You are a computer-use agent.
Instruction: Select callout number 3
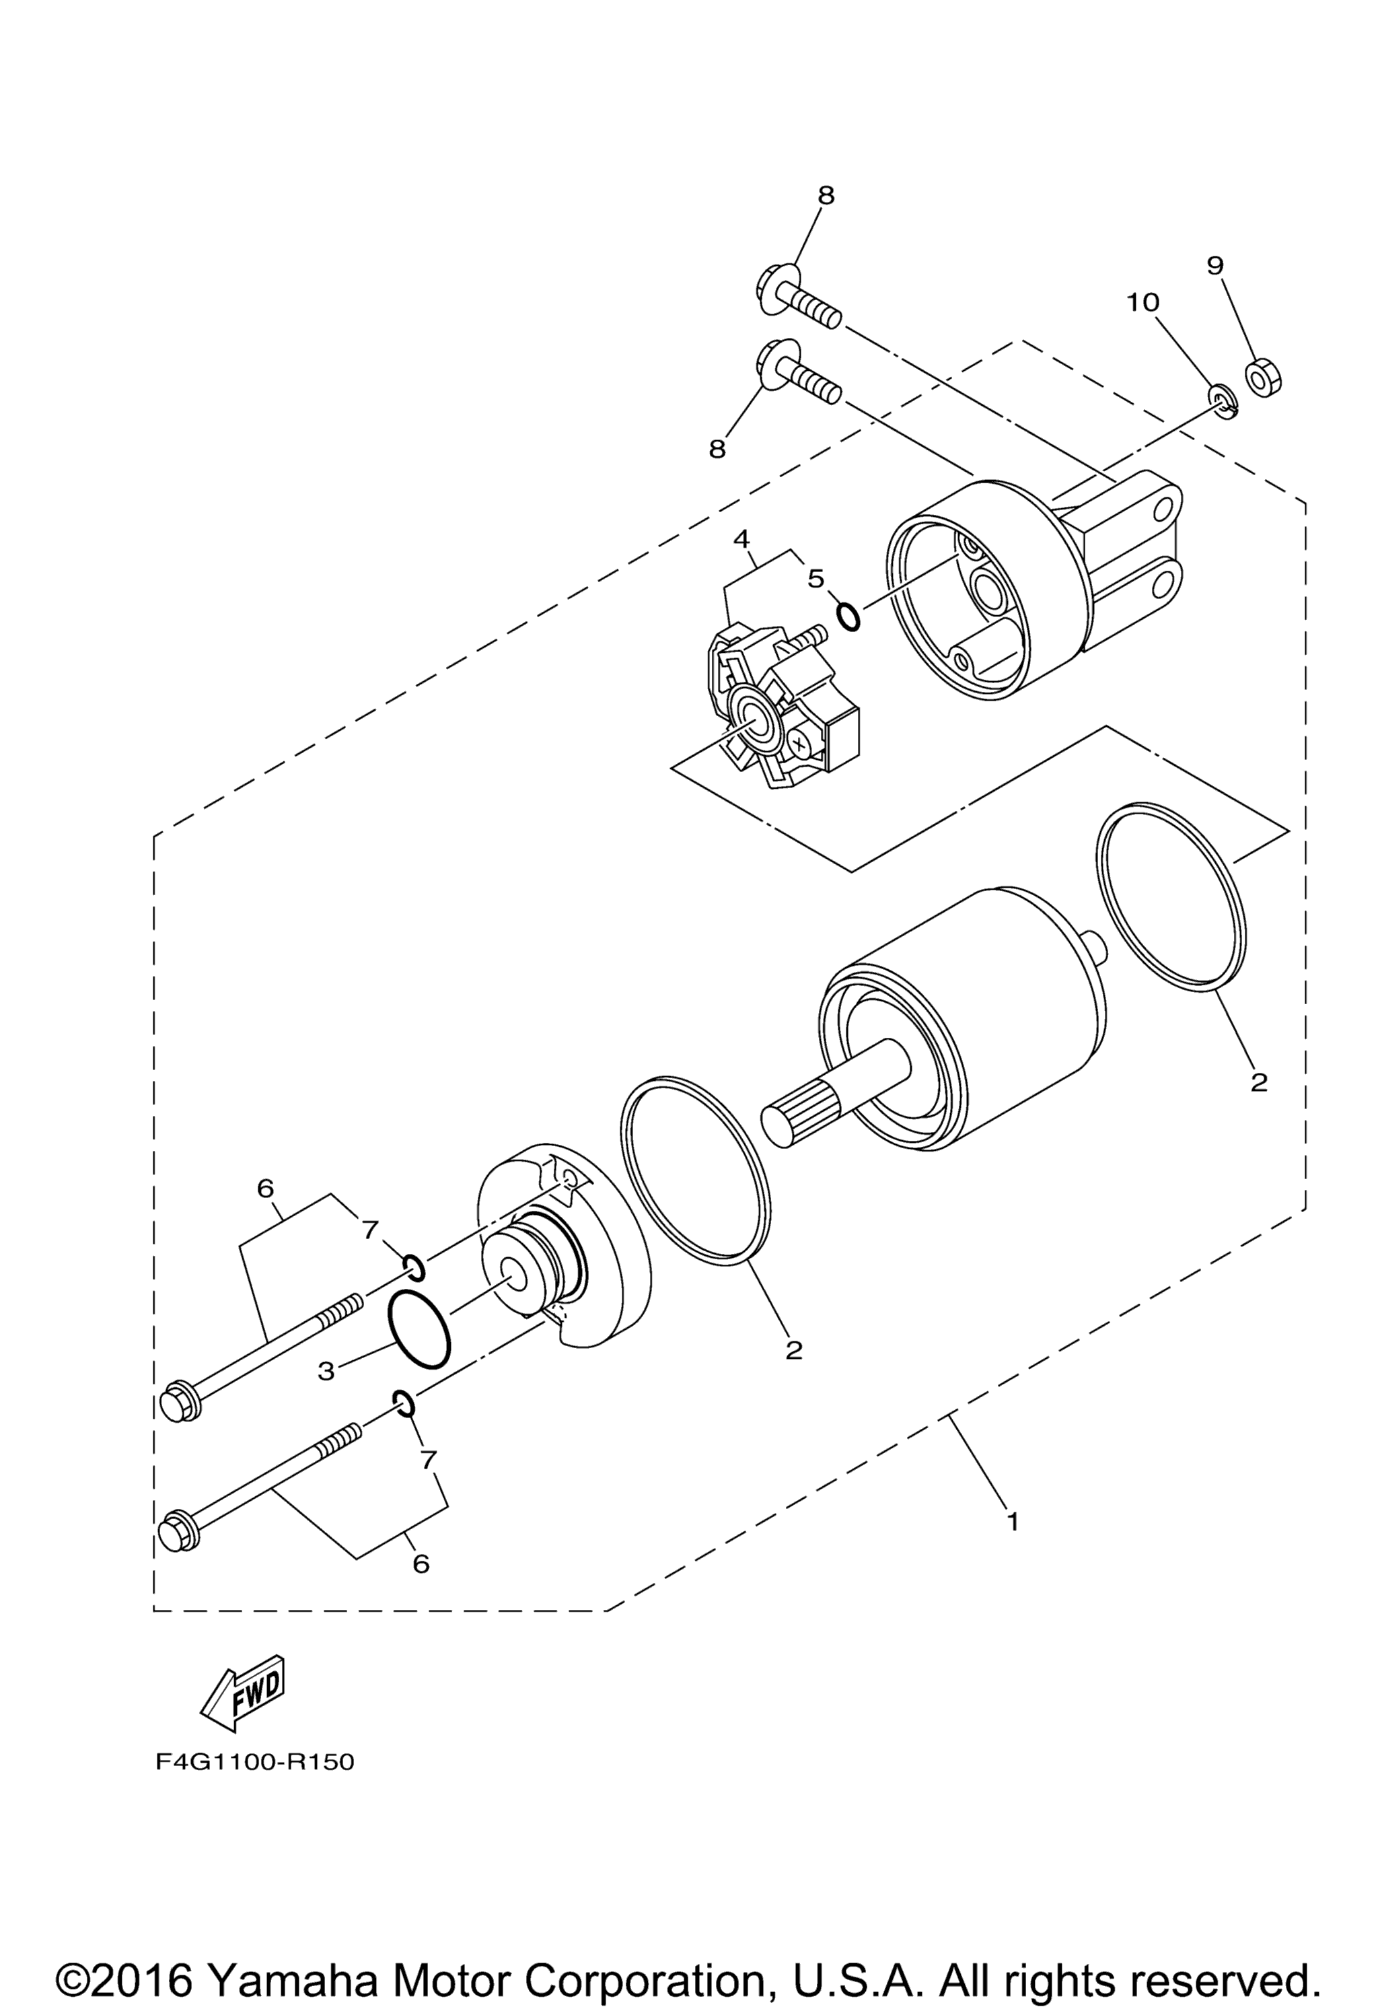pos(326,1371)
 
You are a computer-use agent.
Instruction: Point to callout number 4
pos(741,538)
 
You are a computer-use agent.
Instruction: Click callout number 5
pos(817,578)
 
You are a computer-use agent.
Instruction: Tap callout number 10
pos(1142,303)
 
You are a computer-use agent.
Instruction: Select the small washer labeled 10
pos(1221,401)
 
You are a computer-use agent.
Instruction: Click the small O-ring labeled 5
pos(848,616)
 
